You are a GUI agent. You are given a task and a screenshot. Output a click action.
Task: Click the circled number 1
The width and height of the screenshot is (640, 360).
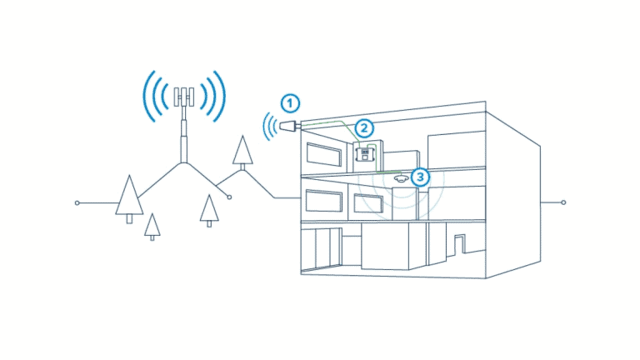click(x=290, y=103)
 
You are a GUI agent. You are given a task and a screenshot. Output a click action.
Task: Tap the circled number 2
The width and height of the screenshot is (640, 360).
click(x=364, y=128)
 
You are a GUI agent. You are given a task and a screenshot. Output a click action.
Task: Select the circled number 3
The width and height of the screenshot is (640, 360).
click(x=420, y=177)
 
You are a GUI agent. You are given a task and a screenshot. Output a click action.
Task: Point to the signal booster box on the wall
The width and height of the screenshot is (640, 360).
click(x=365, y=155)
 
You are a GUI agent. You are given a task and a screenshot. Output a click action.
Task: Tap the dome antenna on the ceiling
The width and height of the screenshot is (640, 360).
click(x=401, y=179)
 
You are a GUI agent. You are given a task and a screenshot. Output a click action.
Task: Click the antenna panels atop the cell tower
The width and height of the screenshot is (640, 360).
click(x=184, y=97)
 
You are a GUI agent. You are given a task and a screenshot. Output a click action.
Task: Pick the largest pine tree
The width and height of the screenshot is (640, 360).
click(x=129, y=199)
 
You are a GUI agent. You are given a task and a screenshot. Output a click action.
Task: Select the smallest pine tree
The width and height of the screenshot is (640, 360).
click(x=152, y=227)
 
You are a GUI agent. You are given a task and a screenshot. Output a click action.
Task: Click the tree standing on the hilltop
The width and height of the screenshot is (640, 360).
click(x=242, y=152)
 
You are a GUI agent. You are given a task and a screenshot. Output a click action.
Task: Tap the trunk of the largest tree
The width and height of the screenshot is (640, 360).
click(x=129, y=219)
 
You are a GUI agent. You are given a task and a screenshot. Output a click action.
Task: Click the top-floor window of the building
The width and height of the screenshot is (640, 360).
click(x=324, y=154)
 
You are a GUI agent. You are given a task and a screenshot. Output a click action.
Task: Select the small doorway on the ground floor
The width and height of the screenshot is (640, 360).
click(x=460, y=244)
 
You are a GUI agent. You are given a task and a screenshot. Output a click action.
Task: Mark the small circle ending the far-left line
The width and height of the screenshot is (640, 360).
click(x=77, y=202)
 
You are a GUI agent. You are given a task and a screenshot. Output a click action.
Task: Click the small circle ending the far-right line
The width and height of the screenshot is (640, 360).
click(x=563, y=202)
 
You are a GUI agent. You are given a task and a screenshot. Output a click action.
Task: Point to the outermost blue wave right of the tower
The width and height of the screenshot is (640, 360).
click(x=221, y=97)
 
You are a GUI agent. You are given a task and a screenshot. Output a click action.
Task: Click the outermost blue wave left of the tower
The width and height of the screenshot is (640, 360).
click(x=148, y=97)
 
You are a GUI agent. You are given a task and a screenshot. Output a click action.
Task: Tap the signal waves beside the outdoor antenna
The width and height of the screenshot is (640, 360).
click(x=269, y=127)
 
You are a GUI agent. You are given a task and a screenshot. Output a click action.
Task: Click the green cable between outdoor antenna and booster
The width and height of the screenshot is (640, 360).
click(x=332, y=123)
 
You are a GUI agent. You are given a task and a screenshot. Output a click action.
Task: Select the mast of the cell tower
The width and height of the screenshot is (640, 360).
click(x=184, y=135)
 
